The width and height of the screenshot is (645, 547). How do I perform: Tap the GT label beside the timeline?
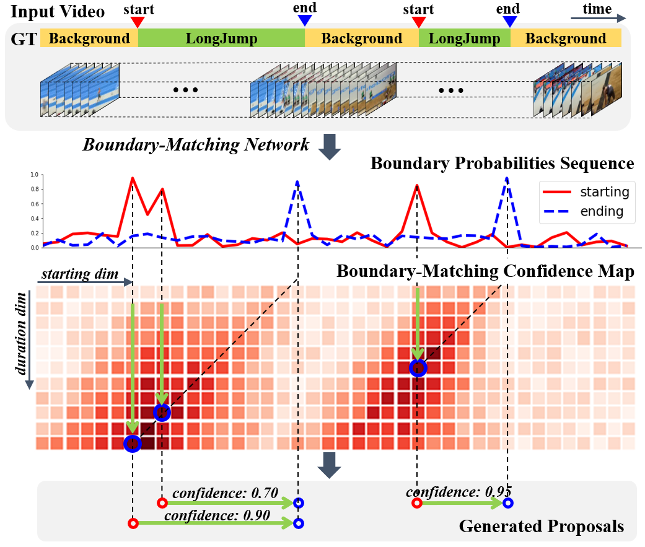[x=23, y=38]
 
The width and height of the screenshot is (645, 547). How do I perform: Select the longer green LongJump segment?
[x=221, y=38]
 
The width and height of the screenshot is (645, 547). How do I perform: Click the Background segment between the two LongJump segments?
[x=361, y=38]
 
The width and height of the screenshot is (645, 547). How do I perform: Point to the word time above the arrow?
[x=597, y=9]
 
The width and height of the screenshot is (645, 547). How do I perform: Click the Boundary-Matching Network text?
[x=196, y=146]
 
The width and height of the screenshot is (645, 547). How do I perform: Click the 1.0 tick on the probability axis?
[x=33, y=175]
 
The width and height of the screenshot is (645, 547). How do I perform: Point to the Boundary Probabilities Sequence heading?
[x=502, y=164]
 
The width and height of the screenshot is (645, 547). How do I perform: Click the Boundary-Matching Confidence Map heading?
[x=485, y=272]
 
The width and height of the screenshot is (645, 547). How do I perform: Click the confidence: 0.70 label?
[x=216, y=493]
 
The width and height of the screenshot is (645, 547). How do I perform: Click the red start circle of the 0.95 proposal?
[x=417, y=503]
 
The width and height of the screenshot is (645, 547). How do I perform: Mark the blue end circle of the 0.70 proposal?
[x=299, y=503]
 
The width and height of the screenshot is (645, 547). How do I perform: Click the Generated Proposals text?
[x=541, y=527]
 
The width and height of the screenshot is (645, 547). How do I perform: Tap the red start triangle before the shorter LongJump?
[x=419, y=22]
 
